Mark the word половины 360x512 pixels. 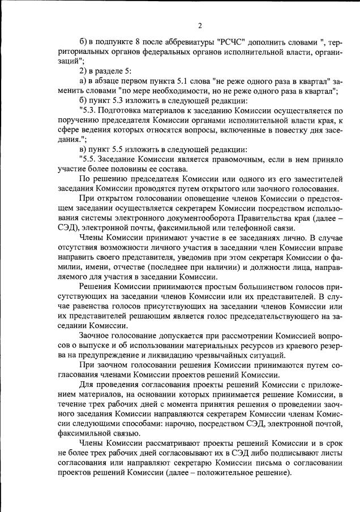click(143, 169)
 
